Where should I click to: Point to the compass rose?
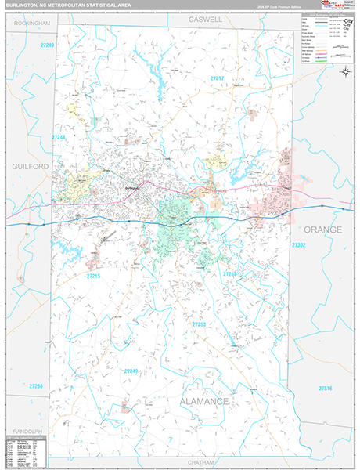click(x=345, y=71)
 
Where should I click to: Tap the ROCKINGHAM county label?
click(x=31, y=23)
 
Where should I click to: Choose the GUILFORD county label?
click(x=30, y=167)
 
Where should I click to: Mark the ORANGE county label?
click(x=322, y=230)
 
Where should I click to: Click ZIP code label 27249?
click(x=48, y=45)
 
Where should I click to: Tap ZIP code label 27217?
click(x=217, y=79)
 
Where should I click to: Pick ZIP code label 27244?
click(x=59, y=138)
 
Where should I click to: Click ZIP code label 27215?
click(x=94, y=276)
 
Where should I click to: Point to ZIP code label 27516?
click(x=326, y=389)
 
